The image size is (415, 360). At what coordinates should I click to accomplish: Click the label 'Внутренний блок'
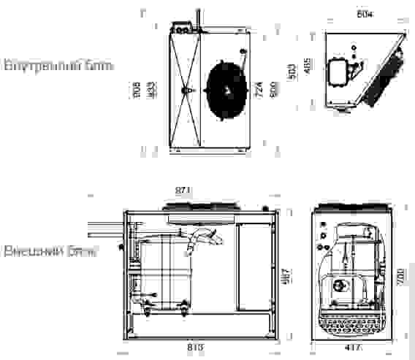click(x=58, y=66)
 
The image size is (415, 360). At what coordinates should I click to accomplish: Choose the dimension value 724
click(x=259, y=89)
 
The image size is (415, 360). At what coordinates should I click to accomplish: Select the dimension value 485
click(x=308, y=65)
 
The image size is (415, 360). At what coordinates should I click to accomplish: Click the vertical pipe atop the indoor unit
click(x=197, y=18)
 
